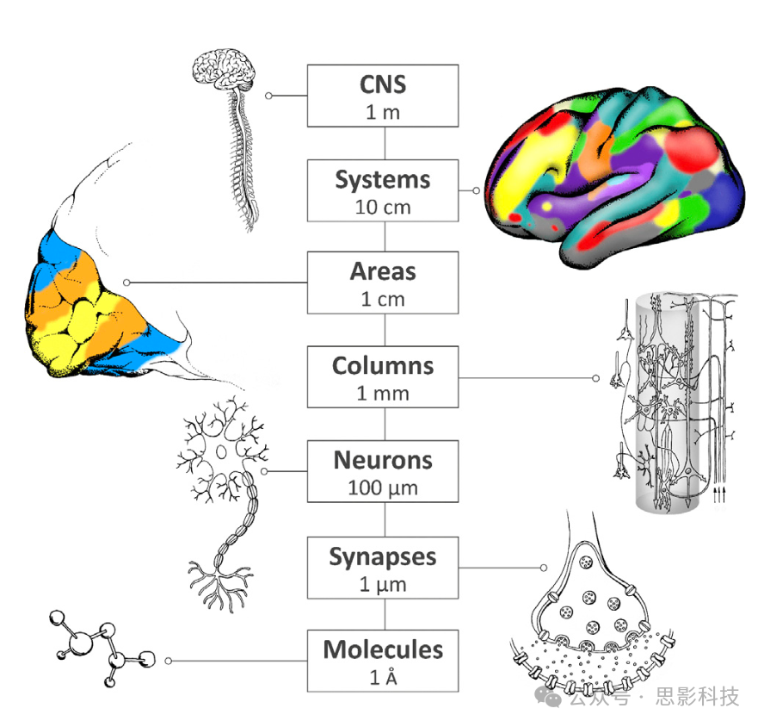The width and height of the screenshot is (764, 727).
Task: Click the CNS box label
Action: tap(383, 85)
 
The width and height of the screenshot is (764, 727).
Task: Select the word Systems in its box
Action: tap(383, 181)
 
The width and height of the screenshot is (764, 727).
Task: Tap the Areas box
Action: tap(384, 283)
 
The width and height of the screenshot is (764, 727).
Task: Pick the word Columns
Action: tap(383, 365)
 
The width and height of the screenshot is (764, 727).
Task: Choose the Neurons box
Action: tap(383, 471)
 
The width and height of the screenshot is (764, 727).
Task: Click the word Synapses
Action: tap(383, 556)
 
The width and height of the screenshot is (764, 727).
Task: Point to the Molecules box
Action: tap(383, 660)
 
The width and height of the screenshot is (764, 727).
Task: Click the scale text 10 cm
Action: tap(383, 208)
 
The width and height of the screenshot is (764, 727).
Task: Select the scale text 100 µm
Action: tap(383, 488)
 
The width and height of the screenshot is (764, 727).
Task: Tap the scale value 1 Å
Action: tap(383, 677)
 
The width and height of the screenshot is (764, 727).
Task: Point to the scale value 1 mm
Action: tap(383, 394)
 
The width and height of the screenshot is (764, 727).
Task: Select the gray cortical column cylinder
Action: tap(675, 405)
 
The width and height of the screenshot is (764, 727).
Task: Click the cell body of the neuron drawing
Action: tap(221, 453)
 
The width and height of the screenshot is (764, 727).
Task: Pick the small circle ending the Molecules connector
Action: tap(169, 661)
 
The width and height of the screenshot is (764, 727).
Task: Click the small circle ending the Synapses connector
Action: tap(543, 567)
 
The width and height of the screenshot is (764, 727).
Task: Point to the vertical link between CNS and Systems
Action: tap(384, 143)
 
